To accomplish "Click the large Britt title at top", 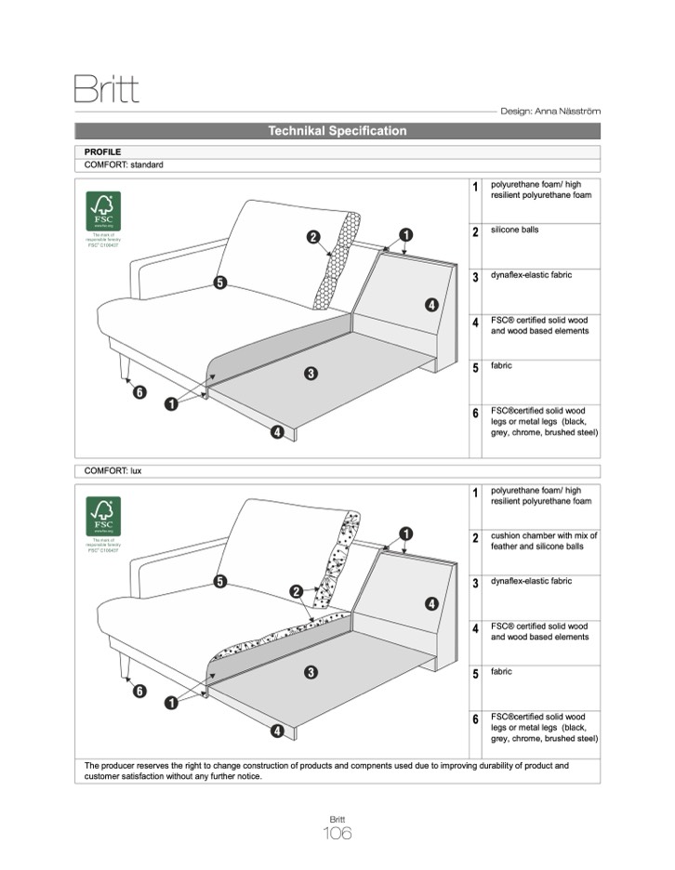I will point(106,90).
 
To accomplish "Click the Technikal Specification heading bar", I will point(337,131).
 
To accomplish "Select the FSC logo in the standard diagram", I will point(103,212).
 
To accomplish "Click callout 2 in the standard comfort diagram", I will point(314,237).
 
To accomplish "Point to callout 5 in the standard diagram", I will point(220,283).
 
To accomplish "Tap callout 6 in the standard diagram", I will point(139,392).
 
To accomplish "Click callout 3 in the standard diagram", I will point(311,374).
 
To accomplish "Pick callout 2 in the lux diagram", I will point(296,591).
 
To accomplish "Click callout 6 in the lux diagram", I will point(139,691).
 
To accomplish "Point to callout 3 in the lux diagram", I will point(311,672).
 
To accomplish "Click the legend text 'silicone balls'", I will point(514,230).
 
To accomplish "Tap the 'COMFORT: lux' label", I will point(112,471).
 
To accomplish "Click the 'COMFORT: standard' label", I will point(124,165).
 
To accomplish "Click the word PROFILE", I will point(102,151).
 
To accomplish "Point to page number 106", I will point(337,834).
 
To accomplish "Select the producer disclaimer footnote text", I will point(326,771).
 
